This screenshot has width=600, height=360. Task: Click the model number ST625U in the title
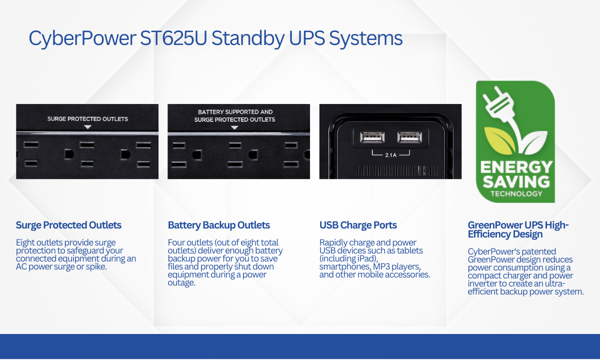click(x=173, y=38)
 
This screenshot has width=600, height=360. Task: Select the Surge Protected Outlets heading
click(x=68, y=225)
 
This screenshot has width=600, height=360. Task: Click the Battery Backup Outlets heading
click(x=219, y=225)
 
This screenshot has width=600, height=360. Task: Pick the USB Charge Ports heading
click(x=358, y=225)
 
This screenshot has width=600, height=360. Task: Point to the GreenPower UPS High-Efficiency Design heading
click(x=518, y=229)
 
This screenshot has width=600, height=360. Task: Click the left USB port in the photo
click(x=372, y=137)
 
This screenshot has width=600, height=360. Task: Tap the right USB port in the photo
click(x=409, y=137)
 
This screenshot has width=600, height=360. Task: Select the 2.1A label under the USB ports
click(x=391, y=155)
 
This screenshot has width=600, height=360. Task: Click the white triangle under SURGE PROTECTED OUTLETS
click(x=87, y=127)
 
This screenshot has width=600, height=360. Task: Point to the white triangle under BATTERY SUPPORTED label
click(x=234, y=128)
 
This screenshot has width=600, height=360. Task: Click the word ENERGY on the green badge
click(x=516, y=167)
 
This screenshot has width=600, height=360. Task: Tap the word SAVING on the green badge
click(x=516, y=182)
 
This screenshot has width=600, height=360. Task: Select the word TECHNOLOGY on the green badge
click(x=516, y=193)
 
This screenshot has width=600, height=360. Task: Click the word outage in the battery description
click(x=181, y=283)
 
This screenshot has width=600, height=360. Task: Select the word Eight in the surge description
click(x=25, y=243)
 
